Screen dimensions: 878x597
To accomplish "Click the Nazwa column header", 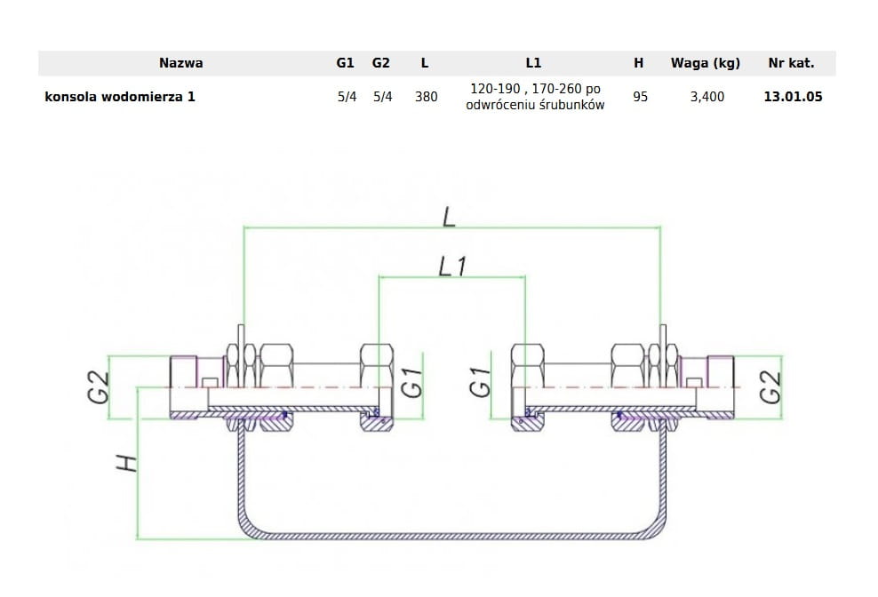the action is pyautogui.click(x=181, y=63).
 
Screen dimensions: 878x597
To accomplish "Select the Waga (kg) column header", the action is pyautogui.click(x=706, y=63).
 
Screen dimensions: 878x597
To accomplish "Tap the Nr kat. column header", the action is pyautogui.click(x=791, y=63).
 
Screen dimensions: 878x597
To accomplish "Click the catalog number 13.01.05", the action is pyautogui.click(x=793, y=96).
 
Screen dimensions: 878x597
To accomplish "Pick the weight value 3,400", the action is pyautogui.click(x=707, y=97).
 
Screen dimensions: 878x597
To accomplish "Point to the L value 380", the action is pyautogui.click(x=427, y=97).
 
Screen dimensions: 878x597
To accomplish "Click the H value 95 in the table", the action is pyautogui.click(x=640, y=97).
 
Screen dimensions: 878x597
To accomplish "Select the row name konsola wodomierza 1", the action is pyautogui.click(x=120, y=96).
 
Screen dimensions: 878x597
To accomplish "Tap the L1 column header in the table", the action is pyautogui.click(x=533, y=63).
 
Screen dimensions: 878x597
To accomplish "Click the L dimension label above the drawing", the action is pyautogui.click(x=449, y=217).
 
